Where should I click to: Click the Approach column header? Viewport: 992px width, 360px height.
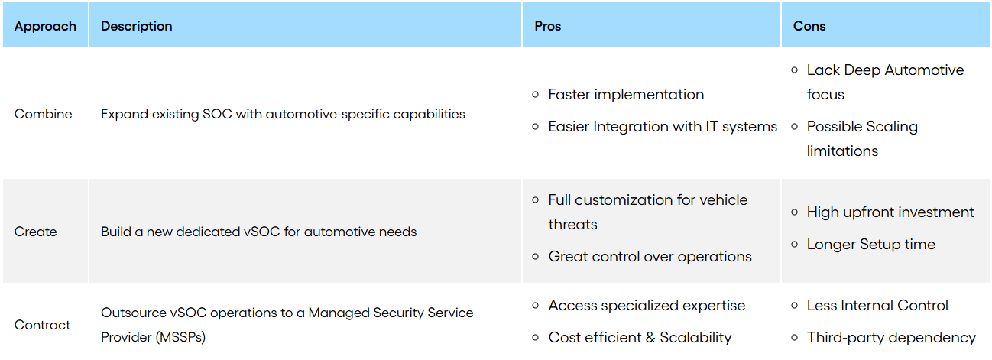[x=45, y=26]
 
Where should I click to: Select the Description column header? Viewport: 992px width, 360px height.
[x=136, y=26]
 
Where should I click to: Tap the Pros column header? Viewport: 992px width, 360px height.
[x=547, y=26]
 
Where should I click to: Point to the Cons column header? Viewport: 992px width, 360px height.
[x=809, y=26]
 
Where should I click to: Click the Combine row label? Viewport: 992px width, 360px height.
[x=43, y=114]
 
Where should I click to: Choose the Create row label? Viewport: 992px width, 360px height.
[x=35, y=232]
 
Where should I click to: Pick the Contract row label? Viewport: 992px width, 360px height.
[x=42, y=325]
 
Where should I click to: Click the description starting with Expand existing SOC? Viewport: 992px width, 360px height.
[x=283, y=114]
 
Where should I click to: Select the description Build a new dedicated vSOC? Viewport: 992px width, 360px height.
[x=258, y=232]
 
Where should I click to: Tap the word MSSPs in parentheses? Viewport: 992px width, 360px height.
[x=180, y=337]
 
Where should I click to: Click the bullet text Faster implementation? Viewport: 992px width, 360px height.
[x=626, y=95]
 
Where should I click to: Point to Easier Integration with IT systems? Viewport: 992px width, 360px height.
[x=663, y=127]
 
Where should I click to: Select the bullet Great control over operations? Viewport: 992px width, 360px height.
[x=650, y=257]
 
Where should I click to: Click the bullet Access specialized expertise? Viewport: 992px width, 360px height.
[x=647, y=306]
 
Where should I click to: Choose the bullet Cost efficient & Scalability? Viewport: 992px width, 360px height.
[x=640, y=337]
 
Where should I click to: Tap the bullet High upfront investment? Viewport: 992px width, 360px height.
[x=890, y=212]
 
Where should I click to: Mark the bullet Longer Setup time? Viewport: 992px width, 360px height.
[x=870, y=245]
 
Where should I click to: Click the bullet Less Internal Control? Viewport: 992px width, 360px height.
[x=877, y=306]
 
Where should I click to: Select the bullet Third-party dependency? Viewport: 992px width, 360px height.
[x=891, y=337]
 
